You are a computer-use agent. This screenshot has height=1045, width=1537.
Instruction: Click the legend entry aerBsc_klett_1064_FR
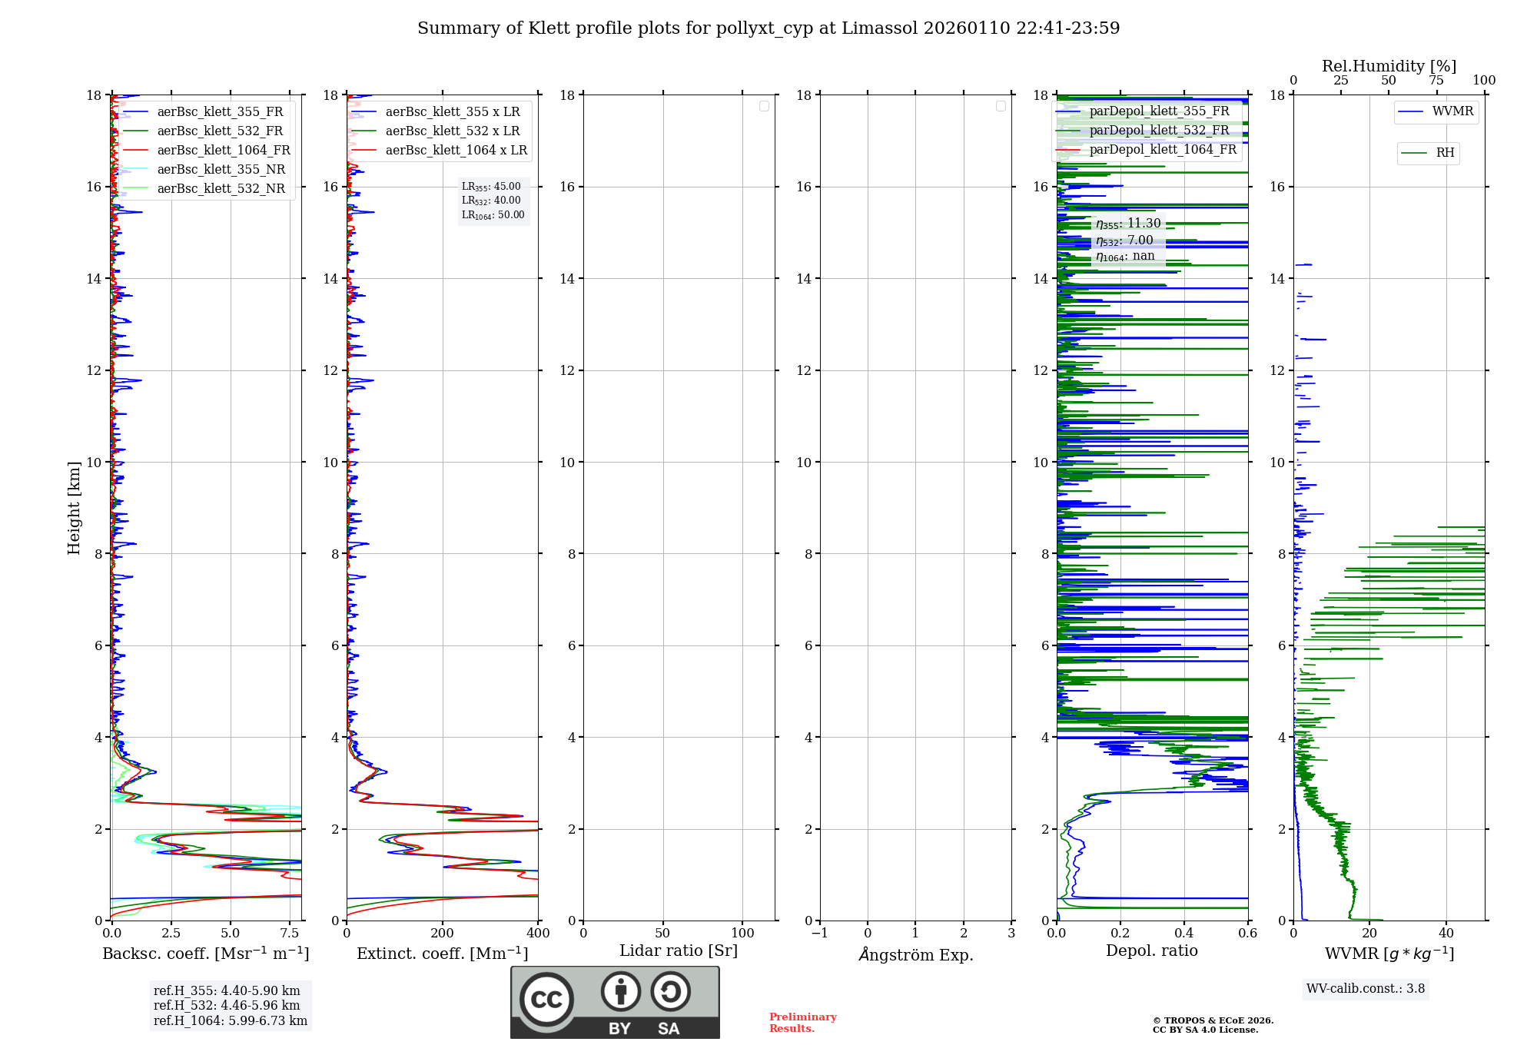(x=224, y=151)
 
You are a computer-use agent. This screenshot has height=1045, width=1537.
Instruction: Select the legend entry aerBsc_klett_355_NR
(x=221, y=170)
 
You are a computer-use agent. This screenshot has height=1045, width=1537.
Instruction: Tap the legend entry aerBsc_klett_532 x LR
(x=453, y=131)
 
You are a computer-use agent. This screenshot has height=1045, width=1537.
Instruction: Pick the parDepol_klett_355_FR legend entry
(x=1159, y=111)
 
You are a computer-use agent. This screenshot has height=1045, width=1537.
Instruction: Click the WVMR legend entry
(x=1452, y=111)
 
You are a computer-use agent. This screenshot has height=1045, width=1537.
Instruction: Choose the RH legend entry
(x=1445, y=153)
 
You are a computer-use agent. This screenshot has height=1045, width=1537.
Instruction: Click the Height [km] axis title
(x=74, y=508)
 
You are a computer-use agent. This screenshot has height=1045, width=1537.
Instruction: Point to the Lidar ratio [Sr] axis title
(x=679, y=951)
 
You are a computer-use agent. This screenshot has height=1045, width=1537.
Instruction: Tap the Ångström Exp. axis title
(x=916, y=955)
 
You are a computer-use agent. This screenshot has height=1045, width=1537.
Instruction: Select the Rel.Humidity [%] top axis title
(x=1389, y=66)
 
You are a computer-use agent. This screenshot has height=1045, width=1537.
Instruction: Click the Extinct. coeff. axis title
(x=443, y=954)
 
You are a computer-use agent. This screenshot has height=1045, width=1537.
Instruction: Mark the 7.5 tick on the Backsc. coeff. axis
(x=290, y=934)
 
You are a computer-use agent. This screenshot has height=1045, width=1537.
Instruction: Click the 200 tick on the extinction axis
(x=443, y=934)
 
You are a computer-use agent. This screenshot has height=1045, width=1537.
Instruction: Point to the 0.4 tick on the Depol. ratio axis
(x=1184, y=934)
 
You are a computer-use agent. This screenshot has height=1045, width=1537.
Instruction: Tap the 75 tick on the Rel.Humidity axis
(x=1436, y=81)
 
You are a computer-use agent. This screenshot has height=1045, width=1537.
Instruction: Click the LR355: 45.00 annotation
(x=491, y=187)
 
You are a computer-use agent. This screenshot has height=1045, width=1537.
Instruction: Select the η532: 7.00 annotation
(x=1124, y=241)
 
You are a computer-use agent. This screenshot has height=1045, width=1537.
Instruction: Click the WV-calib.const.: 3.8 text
(x=1366, y=989)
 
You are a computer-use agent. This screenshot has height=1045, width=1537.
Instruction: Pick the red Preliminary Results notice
(x=802, y=1023)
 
